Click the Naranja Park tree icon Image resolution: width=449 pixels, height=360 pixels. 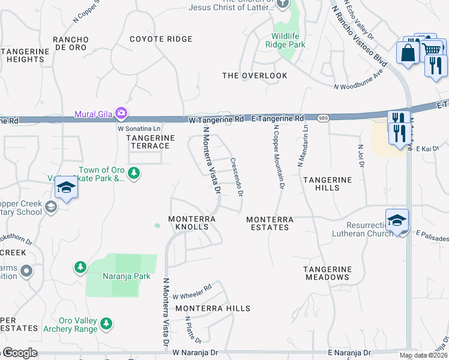click(80, 266)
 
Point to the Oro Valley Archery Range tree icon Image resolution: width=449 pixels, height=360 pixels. click(106, 324)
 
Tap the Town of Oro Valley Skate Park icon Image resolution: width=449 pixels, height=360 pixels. click(134, 174)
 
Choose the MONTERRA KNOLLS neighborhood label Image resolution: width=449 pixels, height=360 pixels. click(192, 223)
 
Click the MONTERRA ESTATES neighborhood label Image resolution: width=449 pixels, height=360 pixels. click(270, 223)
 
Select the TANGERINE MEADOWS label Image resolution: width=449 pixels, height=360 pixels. click(327, 273)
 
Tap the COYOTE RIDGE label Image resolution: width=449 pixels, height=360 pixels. click(162, 39)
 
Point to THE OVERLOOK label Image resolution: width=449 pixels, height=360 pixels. click(255, 76)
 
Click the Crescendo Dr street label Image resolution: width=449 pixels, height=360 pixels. click(236, 177)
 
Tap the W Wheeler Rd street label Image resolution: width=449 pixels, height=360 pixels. click(192, 292)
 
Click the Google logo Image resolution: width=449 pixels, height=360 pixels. click(19, 353)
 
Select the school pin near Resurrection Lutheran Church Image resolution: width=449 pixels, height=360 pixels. click(397, 221)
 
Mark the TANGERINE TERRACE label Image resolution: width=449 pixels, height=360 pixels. click(149, 142)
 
